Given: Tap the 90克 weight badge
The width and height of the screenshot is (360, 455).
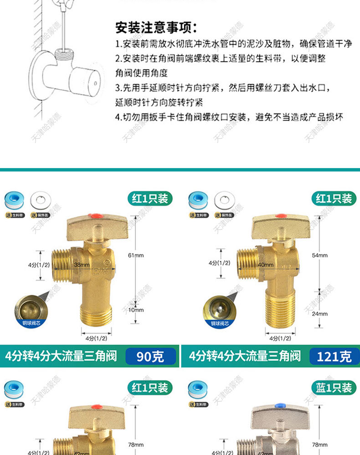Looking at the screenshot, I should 150,356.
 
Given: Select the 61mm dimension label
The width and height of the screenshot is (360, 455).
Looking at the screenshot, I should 136,256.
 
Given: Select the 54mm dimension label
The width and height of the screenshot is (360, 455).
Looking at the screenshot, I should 320,256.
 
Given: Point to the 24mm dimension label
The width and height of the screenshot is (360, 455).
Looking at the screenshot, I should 320,313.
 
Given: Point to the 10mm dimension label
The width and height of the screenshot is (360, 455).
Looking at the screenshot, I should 136,310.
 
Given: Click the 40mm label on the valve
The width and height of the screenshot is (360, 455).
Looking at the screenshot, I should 266,265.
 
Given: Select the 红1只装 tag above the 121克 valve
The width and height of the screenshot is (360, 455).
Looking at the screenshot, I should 334,199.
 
